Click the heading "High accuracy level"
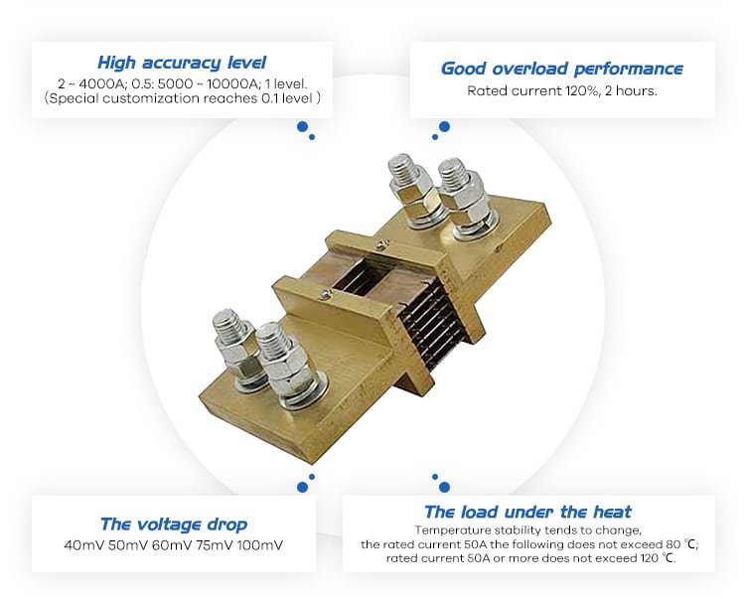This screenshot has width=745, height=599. (182, 63)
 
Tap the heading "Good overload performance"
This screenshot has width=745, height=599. (561, 69)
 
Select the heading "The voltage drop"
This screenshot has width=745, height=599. (174, 524)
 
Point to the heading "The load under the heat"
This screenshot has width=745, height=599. (527, 512)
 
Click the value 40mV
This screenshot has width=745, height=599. (84, 544)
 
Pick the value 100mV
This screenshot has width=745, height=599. (260, 544)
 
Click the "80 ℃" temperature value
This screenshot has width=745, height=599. (679, 544)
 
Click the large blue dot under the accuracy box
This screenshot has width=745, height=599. (302, 127)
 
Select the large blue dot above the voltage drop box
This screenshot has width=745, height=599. (302, 487)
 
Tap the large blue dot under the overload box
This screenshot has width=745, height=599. (445, 127)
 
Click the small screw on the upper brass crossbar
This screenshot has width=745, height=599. (379, 244)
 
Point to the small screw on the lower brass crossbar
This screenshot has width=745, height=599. (325, 295)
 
